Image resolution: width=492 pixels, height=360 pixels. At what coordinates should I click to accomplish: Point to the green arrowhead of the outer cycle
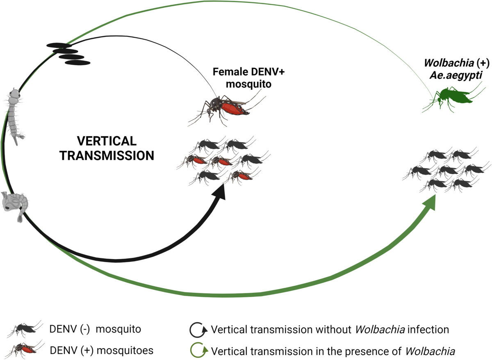pos(429,201)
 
